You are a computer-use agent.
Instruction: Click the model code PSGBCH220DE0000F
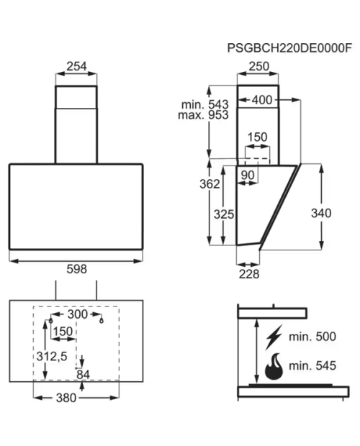click(x=289, y=47)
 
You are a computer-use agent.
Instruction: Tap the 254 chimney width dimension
click(x=76, y=66)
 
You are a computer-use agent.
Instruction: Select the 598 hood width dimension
click(x=76, y=269)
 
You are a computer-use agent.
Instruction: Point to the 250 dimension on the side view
click(x=258, y=66)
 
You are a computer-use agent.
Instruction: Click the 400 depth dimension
click(x=262, y=100)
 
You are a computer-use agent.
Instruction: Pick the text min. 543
click(x=205, y=104)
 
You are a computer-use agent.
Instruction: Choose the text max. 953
click(x=203, y=115)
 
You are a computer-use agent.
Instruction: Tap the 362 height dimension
click(x=210, y=184)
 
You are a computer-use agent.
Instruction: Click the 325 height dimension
click(x=224, y=214)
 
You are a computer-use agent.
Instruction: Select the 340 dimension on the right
click(x=321, y=213)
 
